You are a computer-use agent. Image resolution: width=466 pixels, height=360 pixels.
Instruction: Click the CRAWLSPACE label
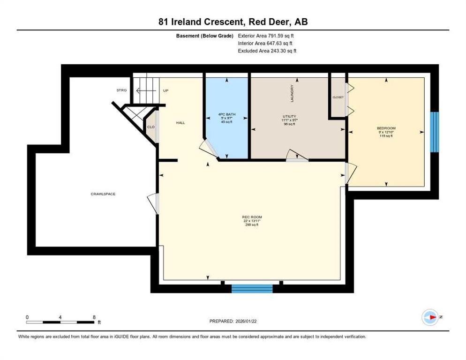(103, 194)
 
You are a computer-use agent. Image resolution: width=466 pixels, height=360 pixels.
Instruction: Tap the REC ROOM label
(252, 217)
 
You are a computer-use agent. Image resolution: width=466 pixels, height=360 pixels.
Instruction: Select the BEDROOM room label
(386, 128)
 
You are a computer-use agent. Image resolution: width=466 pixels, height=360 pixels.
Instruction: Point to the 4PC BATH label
(227, 114)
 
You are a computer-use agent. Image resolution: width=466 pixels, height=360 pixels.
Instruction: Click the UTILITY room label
(289, 116)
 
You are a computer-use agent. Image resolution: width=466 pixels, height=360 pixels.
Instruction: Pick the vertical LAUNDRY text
(292, 93)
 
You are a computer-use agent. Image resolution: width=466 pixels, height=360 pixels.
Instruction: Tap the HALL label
(180, 122)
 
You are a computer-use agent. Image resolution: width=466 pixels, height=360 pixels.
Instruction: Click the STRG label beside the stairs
(121, 90)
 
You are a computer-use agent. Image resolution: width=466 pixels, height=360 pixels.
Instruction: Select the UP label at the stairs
(165, 90)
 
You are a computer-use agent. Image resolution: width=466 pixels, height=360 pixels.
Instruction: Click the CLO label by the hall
(151, 127)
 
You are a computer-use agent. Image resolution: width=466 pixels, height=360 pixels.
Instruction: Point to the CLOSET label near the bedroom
(338, 97)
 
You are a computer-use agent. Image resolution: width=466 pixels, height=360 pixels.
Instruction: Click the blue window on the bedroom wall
(435, 132)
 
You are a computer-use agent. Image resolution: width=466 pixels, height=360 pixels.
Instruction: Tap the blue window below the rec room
(252, 289)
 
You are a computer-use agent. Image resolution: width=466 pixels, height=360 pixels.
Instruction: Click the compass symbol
(430, 317)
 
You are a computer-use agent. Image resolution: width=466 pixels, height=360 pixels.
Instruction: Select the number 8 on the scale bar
(94, 317)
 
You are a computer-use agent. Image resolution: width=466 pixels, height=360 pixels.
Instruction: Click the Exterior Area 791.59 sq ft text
(266, 36)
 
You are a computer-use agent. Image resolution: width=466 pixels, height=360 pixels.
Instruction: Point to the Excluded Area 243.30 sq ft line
(267, 51)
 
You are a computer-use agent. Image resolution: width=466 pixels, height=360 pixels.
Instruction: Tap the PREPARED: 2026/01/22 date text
(233, 322)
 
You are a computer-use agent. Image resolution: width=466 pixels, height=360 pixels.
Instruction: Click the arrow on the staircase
(146, 90)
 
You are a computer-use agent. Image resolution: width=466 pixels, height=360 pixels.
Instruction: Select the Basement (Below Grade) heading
(205, 36)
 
